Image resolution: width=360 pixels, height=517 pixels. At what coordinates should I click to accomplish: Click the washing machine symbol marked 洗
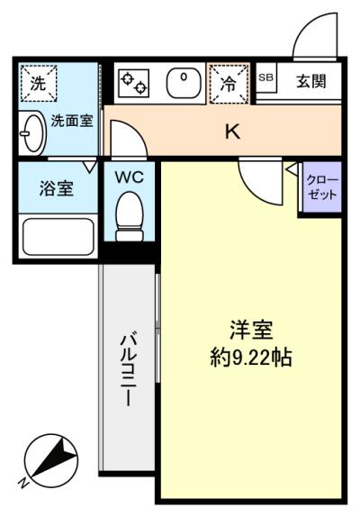click(39, 84)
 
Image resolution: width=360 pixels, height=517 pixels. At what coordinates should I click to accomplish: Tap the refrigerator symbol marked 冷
click(229, 84)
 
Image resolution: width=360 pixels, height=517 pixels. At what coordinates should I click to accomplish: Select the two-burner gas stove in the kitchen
click(134, 83)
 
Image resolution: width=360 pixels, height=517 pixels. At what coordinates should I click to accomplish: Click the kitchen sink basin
click(184, 83)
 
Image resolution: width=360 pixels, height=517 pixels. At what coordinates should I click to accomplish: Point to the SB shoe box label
click(265, 77)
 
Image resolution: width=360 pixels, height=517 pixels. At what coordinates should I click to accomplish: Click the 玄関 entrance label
click(311, 81)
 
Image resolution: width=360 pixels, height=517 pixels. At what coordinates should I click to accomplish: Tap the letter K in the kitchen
click(232, 132)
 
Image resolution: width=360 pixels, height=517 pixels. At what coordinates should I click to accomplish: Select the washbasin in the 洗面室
click(32, 133)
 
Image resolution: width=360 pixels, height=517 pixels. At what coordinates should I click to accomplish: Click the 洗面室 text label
click(72, 121)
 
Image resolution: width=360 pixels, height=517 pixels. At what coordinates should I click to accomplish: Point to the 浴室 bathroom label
click(57, 188)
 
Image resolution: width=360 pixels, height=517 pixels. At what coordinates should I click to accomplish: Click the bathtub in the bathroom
click(58, 236)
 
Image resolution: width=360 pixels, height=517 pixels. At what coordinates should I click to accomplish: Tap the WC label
click(130, 177)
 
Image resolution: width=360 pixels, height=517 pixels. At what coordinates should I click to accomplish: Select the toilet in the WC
click(130, 216)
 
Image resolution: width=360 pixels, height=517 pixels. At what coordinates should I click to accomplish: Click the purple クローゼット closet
click(322, 186)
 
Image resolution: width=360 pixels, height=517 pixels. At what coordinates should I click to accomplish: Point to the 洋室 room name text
click(251, 331)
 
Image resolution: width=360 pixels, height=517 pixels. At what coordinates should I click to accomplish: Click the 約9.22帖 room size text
click(251, 358)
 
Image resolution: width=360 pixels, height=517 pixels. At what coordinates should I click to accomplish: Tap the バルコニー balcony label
click(128, 370)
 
